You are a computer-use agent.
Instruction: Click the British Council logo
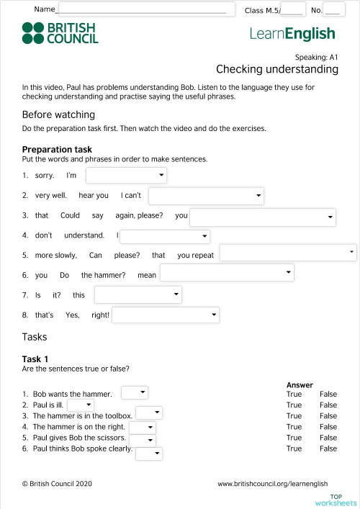60,33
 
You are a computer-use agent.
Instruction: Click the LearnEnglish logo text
292,33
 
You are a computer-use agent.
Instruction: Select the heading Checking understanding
276,69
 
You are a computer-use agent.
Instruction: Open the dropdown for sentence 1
126,176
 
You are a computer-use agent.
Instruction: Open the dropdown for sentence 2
206,196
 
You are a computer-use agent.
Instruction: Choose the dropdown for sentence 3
263,217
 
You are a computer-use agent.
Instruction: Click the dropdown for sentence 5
288,253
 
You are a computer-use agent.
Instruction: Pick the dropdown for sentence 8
166,315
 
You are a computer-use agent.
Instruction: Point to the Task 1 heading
35,359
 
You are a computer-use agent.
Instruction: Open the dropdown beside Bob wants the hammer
135,392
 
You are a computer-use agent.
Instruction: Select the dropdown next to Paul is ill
80,405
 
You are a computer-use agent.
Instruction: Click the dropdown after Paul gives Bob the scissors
142,440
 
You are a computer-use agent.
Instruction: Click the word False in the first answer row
328,395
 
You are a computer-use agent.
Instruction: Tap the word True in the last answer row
294,449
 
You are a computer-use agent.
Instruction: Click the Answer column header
300,385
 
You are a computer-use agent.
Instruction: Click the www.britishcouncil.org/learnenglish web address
272,484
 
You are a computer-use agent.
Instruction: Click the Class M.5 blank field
292,9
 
